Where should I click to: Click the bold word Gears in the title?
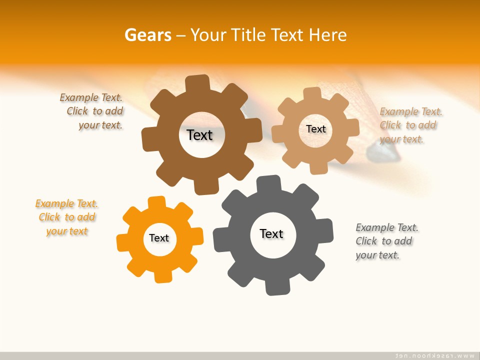[x=147, y=35]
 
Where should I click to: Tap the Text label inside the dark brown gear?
[x=199, y=135]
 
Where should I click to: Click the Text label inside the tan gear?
[x=315, y=129]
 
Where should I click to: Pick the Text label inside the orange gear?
[x=159, y=238]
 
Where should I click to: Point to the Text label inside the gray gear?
[x=271, y=233]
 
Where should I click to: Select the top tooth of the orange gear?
[x=156, y=202]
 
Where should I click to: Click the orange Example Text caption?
[x=67, y=217]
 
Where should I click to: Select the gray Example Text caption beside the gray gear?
[x=386, y=241]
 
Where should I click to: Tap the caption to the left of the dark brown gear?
[x=92, y=111]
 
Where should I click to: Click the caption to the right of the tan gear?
[x=410, y=125]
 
